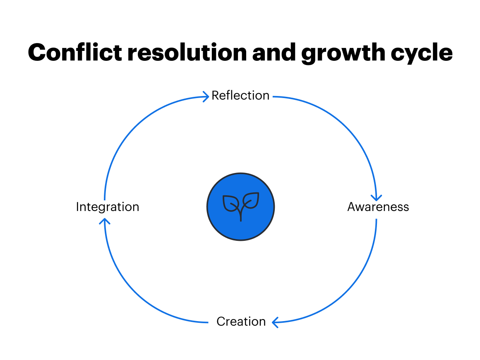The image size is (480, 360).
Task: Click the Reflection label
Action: point(240,96)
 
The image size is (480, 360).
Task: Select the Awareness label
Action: point(378,207)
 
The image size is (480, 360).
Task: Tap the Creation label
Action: point(241,322)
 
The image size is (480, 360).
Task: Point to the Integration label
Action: point(108,207)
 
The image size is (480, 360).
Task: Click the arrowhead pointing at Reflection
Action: point(206,97)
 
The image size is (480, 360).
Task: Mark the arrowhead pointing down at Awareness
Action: point(376,198)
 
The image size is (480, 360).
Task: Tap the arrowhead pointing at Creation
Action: point(275,322)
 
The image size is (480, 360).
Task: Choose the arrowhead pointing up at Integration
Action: point(105,221)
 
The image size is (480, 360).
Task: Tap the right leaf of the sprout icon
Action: point(251,200)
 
